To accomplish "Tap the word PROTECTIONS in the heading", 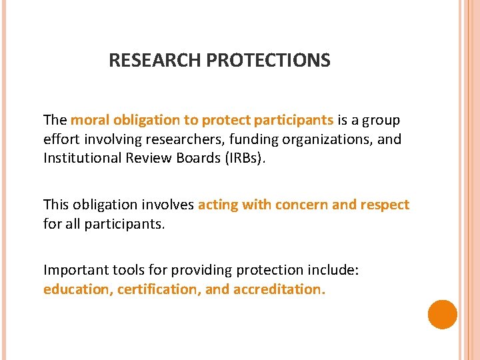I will (x=268, y=61).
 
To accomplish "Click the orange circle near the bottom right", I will (x=442, y=315).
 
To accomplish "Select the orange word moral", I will (x=91, y=120).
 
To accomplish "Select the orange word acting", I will (x=217, y=205).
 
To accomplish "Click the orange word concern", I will (x=299, y=205).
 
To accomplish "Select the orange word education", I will (x=75, y=289).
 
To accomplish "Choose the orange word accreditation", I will (x=279, y=289).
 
